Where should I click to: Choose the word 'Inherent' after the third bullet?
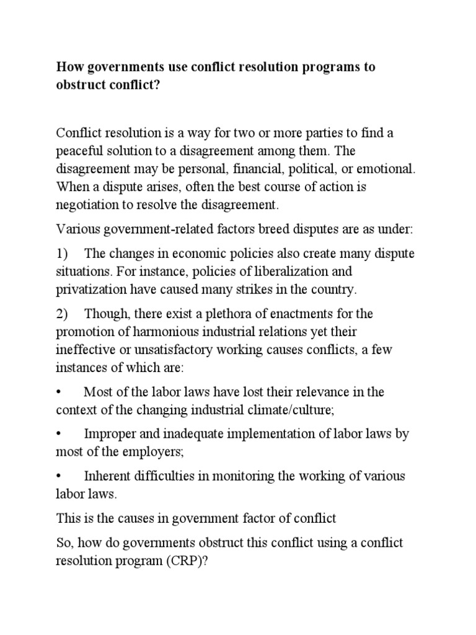coord(106,476)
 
